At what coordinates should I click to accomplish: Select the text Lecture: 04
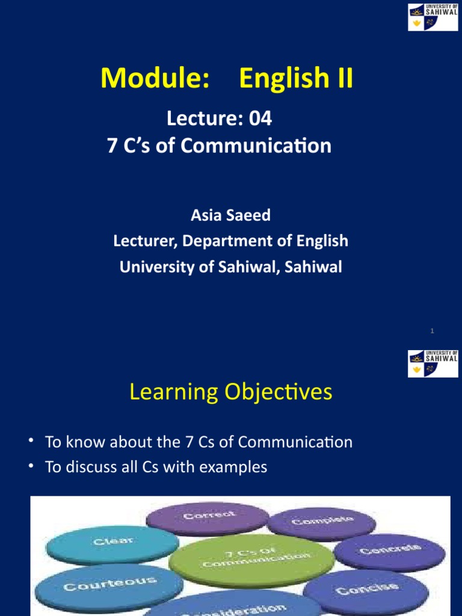coord(219,119)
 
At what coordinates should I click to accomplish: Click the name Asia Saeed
coord(230,215)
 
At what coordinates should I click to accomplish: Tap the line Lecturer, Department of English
coord(230,241)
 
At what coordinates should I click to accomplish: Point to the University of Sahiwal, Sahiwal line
coord(230,267)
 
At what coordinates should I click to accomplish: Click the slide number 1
coord(433,331)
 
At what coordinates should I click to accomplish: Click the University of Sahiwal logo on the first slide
coord(433,17)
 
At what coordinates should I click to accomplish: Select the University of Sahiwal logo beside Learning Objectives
coord(433,363)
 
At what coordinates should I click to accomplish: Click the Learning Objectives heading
coord(230,392)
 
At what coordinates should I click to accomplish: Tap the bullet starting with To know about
coord(199,442)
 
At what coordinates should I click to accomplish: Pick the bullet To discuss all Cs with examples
coord(156,467)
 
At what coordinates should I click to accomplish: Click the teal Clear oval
coord(112,544)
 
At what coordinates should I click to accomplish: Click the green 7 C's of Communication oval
coord(251,559)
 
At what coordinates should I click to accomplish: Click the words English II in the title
coord(296,79)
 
